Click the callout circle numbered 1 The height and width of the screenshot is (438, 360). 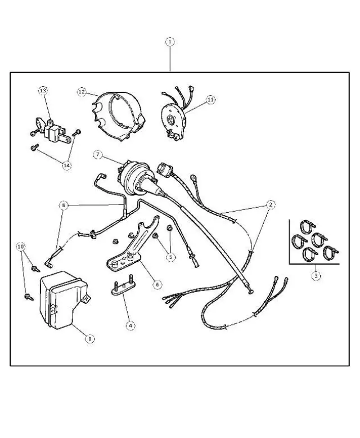(x=169, y=42)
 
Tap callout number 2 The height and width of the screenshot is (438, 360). (x=271, y=204)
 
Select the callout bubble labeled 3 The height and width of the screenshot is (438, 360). (x=317, y=275)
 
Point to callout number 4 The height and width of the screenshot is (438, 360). (x=130, y=325)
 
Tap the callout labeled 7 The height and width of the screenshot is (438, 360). (x=98, y=154)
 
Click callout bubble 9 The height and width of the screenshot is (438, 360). (x=89, y=338)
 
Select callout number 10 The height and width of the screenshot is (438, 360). (x=21, y=247)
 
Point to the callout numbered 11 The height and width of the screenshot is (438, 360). (x=210, y=100)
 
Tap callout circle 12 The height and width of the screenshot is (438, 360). (x=82, y=92)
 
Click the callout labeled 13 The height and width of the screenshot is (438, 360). (x=43, y=91)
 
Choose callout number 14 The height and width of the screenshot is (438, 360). (x=67, y=166)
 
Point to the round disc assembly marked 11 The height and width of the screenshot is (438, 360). (x=175, y=119)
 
